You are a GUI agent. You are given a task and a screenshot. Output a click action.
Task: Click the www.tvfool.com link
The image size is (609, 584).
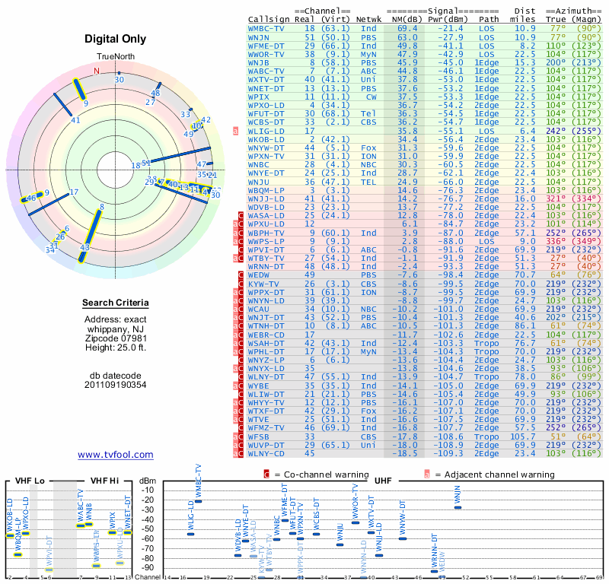[116, 455]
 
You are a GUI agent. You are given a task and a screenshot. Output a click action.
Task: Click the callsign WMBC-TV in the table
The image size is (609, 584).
[266, 27]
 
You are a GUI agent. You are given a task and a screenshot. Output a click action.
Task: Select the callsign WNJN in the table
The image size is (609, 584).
[259, 36]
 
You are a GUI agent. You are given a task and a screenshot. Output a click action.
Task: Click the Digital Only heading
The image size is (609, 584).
[116, 39]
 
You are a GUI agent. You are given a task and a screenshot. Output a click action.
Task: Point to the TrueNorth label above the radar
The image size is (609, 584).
[116, 57]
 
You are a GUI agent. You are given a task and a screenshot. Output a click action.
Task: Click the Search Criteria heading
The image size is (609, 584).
[116, 303]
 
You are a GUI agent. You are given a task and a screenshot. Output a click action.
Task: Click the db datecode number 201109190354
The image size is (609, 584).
[116, 385]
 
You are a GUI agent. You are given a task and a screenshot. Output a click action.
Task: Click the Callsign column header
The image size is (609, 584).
[269, 18]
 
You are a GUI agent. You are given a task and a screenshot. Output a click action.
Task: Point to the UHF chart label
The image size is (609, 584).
[383, 481]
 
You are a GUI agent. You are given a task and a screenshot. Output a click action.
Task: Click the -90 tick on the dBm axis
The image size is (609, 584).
[147, 567]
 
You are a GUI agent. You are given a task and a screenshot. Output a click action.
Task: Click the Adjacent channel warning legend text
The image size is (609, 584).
[487, 473]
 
